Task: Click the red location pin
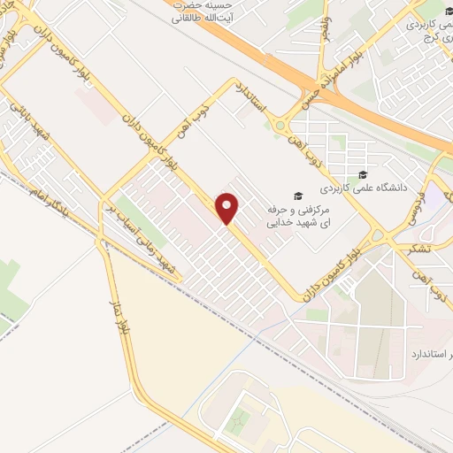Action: point(228,208)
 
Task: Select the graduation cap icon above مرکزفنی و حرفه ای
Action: point(298,196)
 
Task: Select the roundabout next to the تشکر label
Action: point(380,237)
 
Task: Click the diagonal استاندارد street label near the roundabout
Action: point(253,103)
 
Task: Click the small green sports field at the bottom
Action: point(238,424)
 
